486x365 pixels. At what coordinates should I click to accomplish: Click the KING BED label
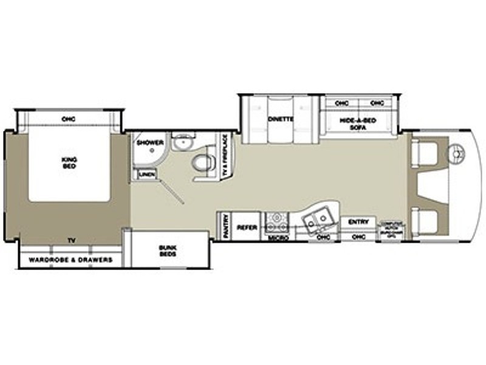click(x=69, y=162)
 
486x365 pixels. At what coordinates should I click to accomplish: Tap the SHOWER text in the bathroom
click(x=149, y=142)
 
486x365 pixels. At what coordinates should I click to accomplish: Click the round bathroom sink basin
click(x=181, y=142)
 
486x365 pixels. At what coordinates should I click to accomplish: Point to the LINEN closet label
click(x=147, y=175)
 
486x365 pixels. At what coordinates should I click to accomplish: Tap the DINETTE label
click(x=279, y=119)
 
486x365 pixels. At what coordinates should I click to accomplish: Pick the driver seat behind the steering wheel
click(x=423, y=153)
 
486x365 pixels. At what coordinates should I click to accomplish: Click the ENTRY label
click(x=358, y=222)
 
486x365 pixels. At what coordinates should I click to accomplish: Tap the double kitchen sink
click(x=318, y=217)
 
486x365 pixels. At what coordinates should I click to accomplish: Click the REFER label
click(x=246, y=228)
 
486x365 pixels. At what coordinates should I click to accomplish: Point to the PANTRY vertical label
click(x=225, y=226)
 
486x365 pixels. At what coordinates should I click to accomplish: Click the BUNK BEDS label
click(x=168, y=251)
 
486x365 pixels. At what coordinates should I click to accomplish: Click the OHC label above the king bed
click(x=67, y=118)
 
